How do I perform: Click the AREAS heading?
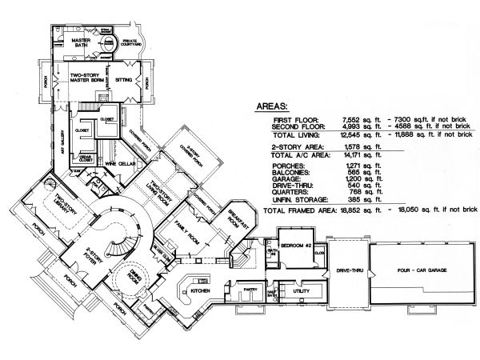point(274,105)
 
